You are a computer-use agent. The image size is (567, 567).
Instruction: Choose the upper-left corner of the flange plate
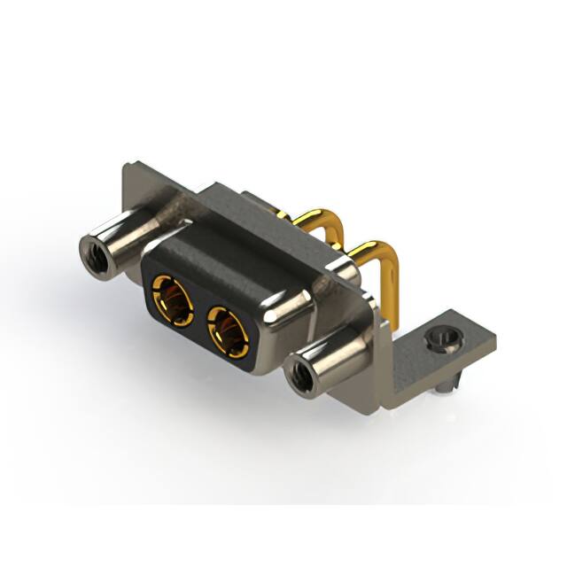(x=121, y=166)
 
